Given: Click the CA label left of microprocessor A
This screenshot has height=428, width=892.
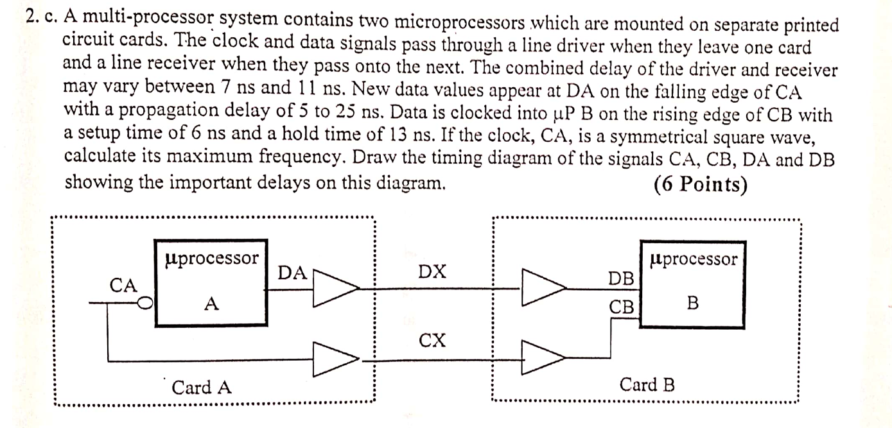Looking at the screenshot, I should [124, 285].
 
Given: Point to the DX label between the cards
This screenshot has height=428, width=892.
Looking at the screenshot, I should [432, 272].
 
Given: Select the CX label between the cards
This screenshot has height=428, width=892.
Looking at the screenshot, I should [432, 339].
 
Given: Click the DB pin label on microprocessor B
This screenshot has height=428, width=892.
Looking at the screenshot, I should [621, 278].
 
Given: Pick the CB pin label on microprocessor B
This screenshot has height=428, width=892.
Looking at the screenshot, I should [621, 307].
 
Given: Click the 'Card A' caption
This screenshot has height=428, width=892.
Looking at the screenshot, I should [202, 388].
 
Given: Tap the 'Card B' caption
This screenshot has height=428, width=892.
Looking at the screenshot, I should [647, 385].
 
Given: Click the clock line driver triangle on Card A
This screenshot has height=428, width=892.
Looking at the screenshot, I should [333, 357].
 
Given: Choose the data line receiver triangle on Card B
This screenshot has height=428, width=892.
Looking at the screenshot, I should [542, 287].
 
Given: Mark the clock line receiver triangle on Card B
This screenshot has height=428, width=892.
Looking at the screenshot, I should [542, 357].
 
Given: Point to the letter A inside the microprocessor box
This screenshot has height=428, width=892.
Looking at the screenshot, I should [211, 305].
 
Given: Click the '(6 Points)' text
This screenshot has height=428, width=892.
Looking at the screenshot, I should [700, 184].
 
